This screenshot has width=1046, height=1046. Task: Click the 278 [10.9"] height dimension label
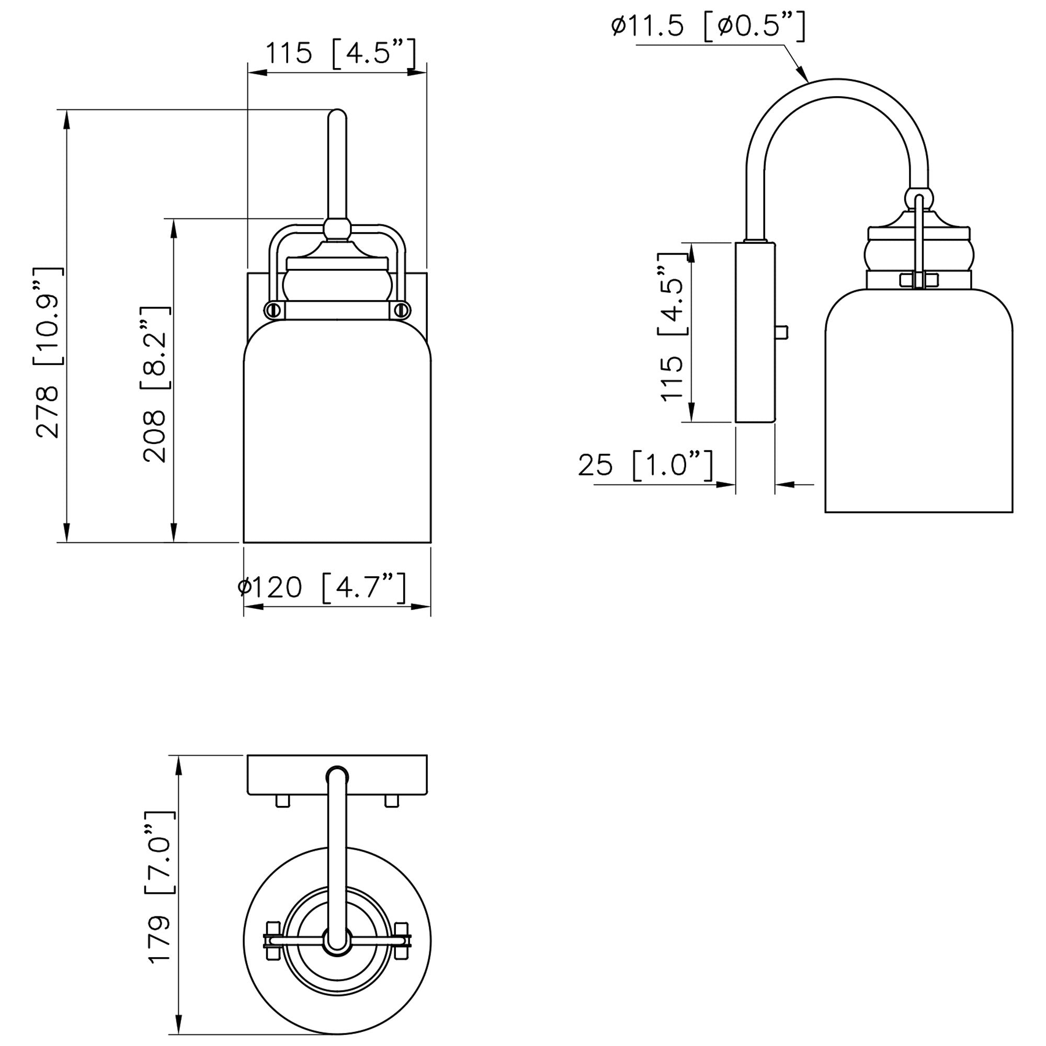(50, 353)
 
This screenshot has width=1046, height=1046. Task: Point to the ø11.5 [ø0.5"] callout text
(708, 26)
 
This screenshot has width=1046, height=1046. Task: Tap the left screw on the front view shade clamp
(272, 309)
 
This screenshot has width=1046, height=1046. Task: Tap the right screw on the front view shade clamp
(402, 309)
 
